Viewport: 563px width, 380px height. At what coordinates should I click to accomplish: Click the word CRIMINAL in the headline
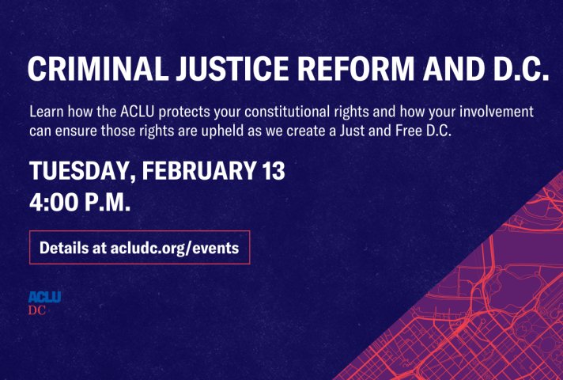[x=98, y=69]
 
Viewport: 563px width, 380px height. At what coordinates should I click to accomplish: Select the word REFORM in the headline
[x=356, y=69]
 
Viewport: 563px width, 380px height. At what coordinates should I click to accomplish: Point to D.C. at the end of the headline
[x=521, y=69]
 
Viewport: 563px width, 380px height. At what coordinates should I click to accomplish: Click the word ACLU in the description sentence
[x=137, y=112]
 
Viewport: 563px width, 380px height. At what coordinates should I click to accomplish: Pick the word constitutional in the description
[x=287, y=112]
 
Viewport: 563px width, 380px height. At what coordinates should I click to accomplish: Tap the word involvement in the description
[x=497, y=112]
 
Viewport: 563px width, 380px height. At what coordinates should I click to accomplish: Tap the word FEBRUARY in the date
[x=199, y=170]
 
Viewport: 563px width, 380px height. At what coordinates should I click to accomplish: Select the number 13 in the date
[x=274, y=170]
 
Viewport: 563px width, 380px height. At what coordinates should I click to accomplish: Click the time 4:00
[x=54, y=202]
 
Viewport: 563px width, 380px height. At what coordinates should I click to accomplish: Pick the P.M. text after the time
[x=108, y=202]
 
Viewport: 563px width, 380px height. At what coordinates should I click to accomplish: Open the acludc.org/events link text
[x=175, y=249]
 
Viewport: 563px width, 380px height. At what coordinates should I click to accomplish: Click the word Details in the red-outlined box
[x=63, y=248]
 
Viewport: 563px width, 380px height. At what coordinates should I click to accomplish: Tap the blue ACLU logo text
[x=44, y=297]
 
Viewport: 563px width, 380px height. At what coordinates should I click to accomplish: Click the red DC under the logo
[x=37, y=310]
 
